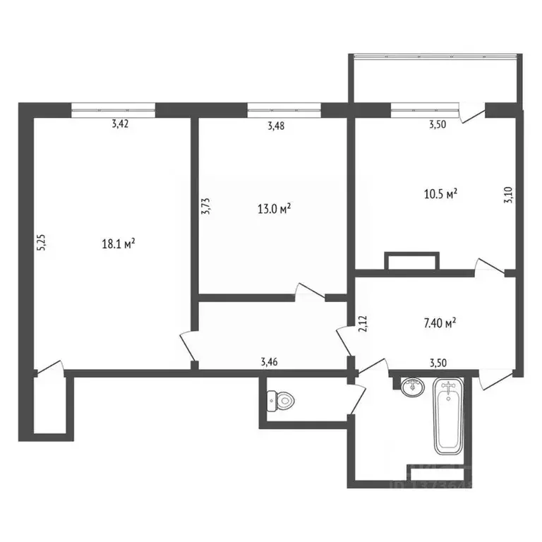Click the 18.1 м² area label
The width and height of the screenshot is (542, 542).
coord(119,244)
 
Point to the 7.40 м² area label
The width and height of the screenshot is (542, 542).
coord(438,323)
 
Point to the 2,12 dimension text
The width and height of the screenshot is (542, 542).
coord(363,324)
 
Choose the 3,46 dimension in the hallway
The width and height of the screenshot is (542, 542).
coord(269,362)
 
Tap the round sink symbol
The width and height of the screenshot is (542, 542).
coord(411,386)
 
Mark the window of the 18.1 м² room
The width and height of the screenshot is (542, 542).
coord(113,109)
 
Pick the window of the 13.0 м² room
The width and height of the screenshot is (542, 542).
coord(284,109)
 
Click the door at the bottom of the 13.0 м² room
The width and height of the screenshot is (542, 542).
coord(309,292)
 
